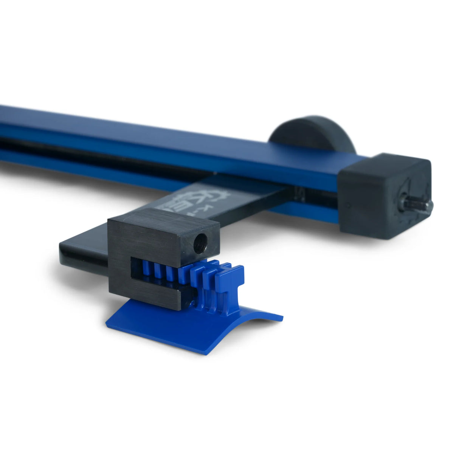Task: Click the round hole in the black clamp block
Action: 200,243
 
